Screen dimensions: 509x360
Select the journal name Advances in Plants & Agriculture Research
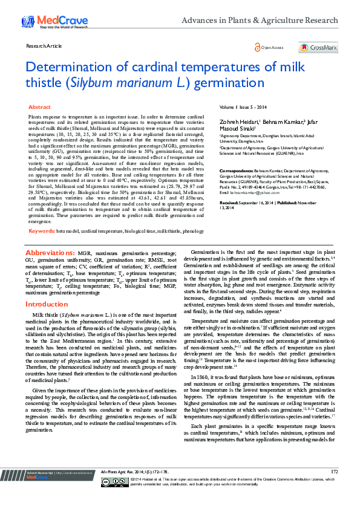click(x=260, y=20)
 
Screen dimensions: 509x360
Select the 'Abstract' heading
click(x=40, y=106)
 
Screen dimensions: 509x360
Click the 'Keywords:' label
click(x=42, y=231)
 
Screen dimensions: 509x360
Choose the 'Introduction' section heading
click(x=47, y=304)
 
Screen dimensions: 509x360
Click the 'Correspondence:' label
click(x=235, y=172)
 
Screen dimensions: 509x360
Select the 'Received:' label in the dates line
click(x=231, y=203)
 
